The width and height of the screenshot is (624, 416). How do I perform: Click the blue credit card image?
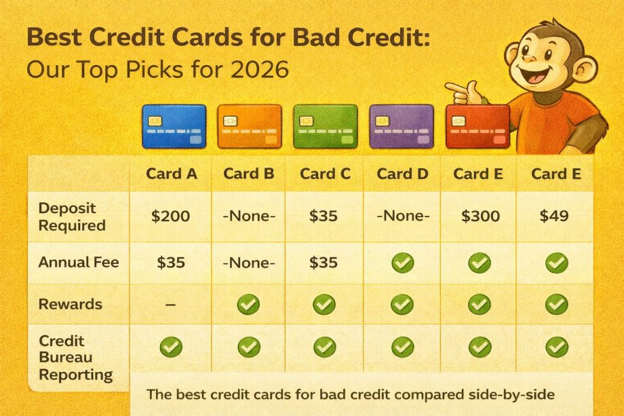[174, 126]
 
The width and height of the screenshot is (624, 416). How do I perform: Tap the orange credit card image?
[250, 126]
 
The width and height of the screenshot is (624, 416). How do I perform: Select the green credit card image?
[325, 126]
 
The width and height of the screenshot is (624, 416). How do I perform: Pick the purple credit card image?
[401, 126]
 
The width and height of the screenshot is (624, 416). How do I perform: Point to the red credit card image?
[477, 126]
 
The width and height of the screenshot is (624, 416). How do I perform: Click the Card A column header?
[172, 174]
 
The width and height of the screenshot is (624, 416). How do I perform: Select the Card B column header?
[249, 174]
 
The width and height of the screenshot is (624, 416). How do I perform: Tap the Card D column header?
[403, 174]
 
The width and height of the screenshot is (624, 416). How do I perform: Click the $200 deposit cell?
[171, 216]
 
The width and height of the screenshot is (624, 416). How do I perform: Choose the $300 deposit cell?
[480, 216]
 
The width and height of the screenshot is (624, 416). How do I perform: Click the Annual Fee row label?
[79, 261]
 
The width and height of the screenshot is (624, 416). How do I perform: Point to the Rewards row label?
[71, 304]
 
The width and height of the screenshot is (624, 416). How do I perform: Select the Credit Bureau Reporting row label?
[75, 357]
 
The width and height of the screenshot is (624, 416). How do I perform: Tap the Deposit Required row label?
[72, 216]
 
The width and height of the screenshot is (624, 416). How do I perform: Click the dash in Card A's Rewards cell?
[171, 305]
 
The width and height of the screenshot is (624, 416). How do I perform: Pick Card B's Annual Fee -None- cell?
[249, 262]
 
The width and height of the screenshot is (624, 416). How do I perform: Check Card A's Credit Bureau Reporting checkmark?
[171, 347]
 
